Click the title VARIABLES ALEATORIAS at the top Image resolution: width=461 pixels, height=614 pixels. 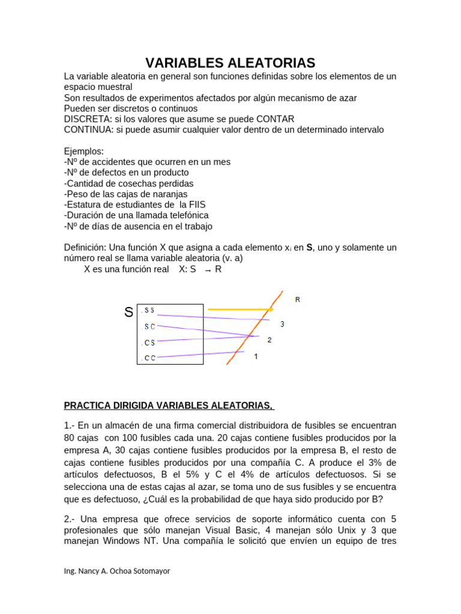click(230, 63)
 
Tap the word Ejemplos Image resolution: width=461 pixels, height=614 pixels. click(84, 152)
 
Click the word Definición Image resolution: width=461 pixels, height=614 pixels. click(85, 248)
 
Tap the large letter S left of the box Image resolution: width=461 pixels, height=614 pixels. click(128, 312)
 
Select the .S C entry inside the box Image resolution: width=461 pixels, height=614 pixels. click(148, 327)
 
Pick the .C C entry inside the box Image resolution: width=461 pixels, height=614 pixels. click(148, 358)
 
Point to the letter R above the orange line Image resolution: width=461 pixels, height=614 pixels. click(298, 299)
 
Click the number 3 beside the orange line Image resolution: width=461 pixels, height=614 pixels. click(282, 324)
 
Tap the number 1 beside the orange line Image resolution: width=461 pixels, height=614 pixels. click(256, 356)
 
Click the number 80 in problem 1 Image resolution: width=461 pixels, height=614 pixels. click(70, 437)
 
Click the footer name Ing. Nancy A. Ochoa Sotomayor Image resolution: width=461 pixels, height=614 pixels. click(117, 571)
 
